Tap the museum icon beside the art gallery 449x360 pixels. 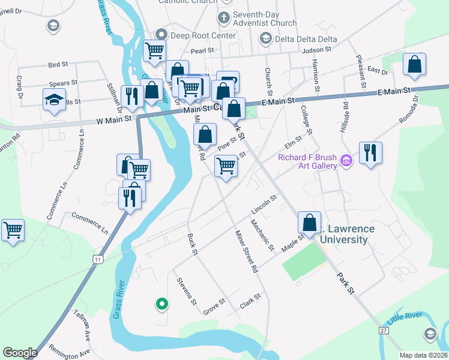click(x=346, y=161)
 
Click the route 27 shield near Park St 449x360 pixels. click(x=384, y=330)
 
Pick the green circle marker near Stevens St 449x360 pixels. click(x=161, y=304)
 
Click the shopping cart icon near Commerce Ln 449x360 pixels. click(x=13, y=230)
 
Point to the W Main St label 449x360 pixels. click(x=113, y=121)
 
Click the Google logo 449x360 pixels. click(x=20, y=352)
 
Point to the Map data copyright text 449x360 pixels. click(x=423, y=355)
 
